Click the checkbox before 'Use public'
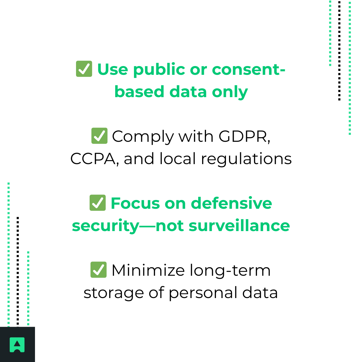84,69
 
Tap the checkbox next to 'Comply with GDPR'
99,136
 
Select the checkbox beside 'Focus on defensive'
98,203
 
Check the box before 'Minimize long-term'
98,270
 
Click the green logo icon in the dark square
17,345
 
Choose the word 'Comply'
143,137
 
